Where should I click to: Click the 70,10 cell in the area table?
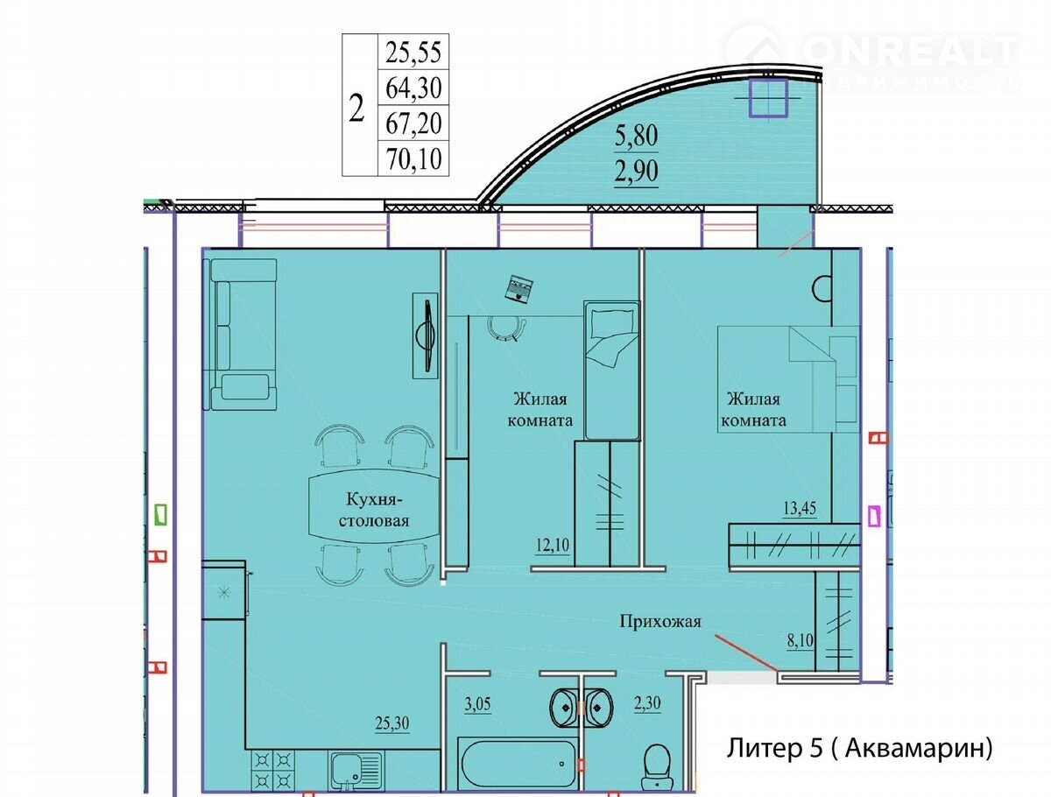(x=413, y=159)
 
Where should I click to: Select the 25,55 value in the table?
(x=413, y=53)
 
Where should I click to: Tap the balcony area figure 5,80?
(x=636, y=136)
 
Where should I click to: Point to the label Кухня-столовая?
(x=374, y=510)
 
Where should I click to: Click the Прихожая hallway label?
(x=660, y=621)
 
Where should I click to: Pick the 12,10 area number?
(x=553, y=545)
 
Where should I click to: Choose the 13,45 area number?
(x=800, y=507)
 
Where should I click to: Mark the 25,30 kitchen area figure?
(x=392, y=723)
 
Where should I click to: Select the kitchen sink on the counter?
(x=356, y=772)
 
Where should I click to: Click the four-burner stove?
(x=273, y=771)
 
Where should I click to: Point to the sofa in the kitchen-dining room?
(x=240, y=335)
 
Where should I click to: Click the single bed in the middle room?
(x=612, y=370)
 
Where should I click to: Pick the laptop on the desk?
(x=520, y=288)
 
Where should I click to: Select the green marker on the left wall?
(x=161, y=515)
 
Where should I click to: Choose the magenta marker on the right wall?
(x=876, y=516)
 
